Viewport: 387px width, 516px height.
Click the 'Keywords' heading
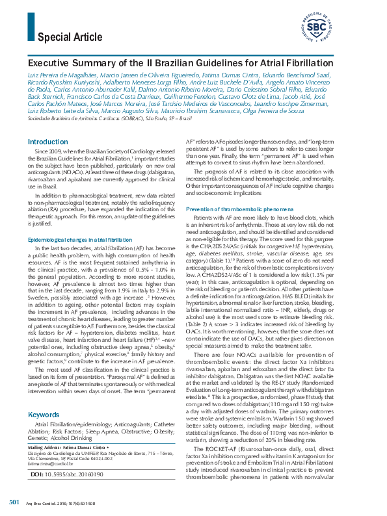click(44, 396)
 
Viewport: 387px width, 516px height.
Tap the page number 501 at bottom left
click(14, 504)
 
